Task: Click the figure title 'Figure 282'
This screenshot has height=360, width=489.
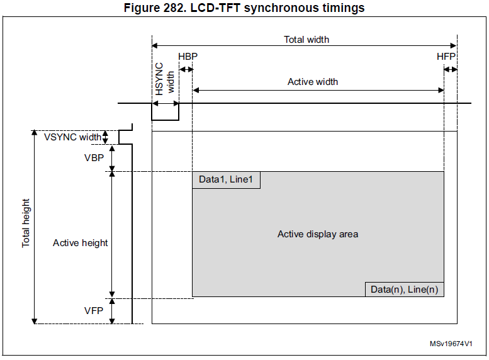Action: click(154, 8)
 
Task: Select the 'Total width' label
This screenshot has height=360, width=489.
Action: click(306, 40)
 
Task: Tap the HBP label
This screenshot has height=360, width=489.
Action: click(188, 57)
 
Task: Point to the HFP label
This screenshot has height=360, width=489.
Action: click(446, 57)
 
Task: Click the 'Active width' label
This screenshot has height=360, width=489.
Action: click(313, 82)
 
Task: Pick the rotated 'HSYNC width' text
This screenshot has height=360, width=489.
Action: click(164, 79)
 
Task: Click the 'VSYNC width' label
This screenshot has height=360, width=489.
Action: click(72, 137)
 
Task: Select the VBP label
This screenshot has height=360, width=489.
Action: click(94, 158)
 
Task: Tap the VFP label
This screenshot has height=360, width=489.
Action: click(94, 311)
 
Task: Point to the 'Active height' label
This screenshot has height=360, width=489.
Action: click(80, 243)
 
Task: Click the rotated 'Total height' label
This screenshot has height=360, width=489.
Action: click(26, 223)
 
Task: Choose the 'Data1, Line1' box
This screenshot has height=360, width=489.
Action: click(226, 180)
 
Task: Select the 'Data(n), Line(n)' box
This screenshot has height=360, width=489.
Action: click(405, 290)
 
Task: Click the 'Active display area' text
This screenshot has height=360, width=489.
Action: click(318, 234)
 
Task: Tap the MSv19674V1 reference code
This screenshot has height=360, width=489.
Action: click(451, 344)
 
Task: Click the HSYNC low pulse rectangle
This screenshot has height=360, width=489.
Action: click(166, 120)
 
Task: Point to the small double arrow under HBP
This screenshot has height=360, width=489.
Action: click(186, 69)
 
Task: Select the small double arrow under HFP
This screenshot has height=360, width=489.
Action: click(451, 69)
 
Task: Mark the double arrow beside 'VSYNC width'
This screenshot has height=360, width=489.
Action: click(105, 137)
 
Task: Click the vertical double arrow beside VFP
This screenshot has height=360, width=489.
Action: click(112, 311)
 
